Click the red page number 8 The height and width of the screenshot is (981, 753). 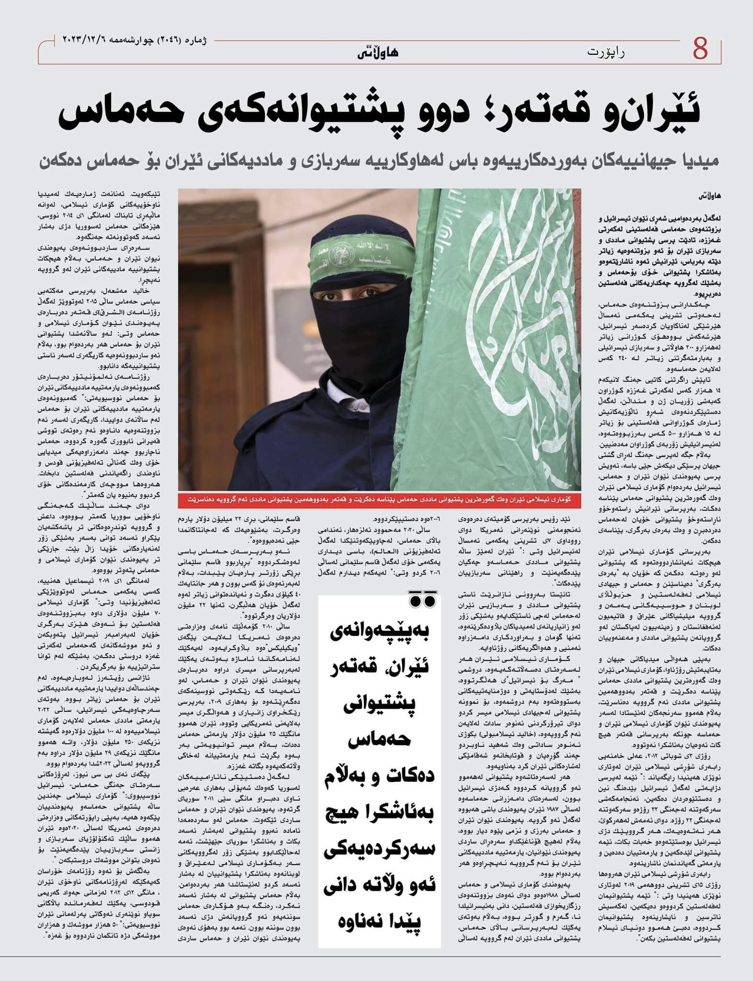click(700, 49)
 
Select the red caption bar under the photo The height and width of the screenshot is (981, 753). click(379, 499)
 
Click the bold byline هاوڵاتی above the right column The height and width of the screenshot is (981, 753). click(709, 196)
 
